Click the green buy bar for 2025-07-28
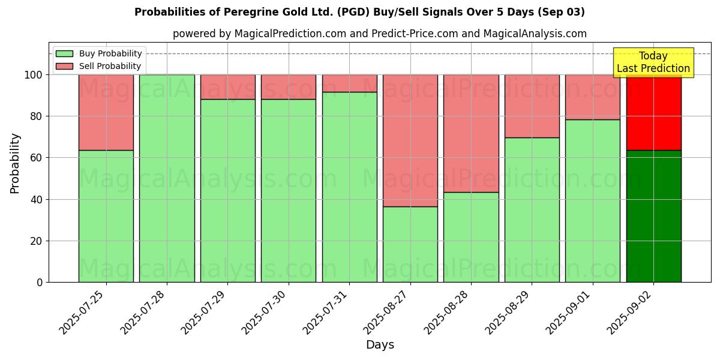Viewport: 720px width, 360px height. [x=167, y=178]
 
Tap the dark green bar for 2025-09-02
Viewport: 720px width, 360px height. [x=653, y=216]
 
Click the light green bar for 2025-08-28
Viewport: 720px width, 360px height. [x=471, y=237]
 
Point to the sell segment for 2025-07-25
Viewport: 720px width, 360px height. [x=106, y=112]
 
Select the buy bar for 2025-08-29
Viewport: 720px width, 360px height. [x=532, y=210]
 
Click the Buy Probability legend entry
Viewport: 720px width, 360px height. [x=98, y=53]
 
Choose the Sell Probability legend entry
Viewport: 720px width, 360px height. [x=98, y=66]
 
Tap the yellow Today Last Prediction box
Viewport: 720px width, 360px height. [x=653, y=62]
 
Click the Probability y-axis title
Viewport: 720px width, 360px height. [x=15, y=163]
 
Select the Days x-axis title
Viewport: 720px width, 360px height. [x=380, y=345]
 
